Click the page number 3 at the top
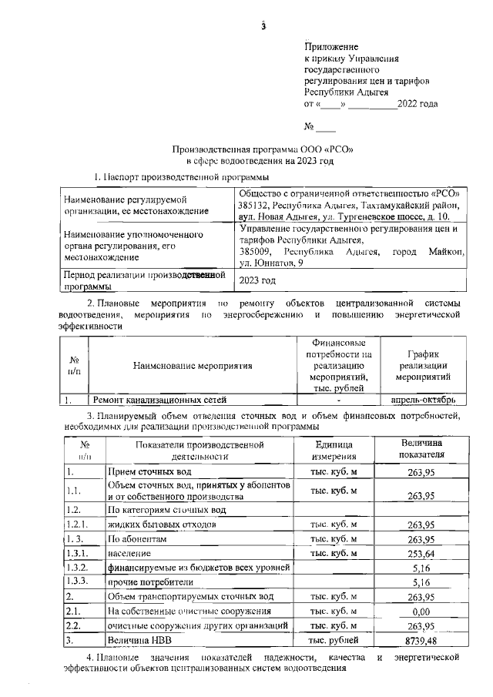coord(263,28)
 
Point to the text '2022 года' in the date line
coord(417,102)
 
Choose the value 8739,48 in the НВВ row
coord(421,640)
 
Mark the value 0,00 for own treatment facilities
coord(421,611)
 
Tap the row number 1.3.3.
coord(79,581)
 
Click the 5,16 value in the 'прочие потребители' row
coord(421,582)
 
